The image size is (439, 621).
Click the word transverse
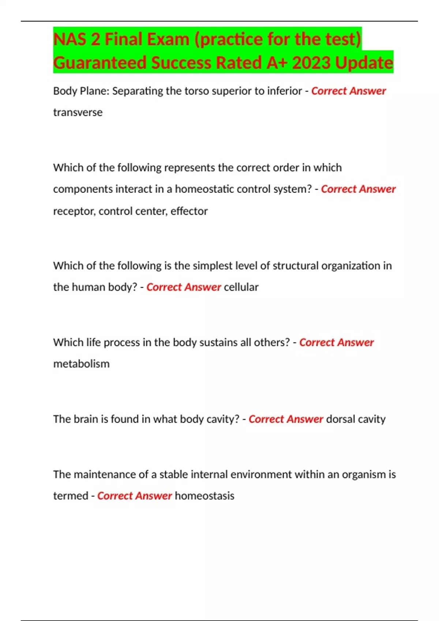click(x=78, y=112)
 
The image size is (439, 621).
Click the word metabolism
click(x=81, y=364)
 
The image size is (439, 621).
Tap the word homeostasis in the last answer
click(x=205, y=496)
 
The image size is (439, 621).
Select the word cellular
click(x=241, y=287)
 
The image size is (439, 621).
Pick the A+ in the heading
click(x=277, y=62)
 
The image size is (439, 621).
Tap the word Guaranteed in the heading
click(x=100, y=62)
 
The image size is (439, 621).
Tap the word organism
click(x=363, y=475)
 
